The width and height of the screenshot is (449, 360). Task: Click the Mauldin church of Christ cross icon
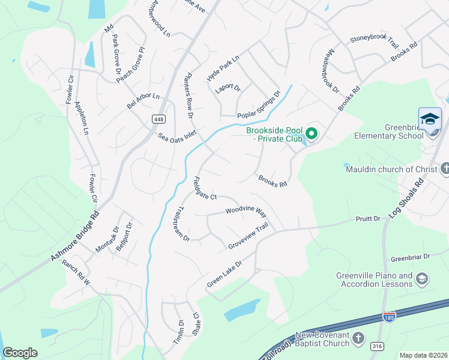[444, 169]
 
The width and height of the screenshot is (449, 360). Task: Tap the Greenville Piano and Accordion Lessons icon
[422, 278]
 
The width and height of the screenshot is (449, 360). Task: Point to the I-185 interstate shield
[391, 315]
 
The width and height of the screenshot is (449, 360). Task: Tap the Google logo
[20, 352]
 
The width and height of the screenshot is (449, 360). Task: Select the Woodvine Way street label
[246, 211]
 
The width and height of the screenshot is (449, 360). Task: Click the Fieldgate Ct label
[204, 188]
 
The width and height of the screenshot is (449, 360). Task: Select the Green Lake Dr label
[224, 273]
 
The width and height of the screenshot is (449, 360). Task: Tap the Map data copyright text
[423, 355]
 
